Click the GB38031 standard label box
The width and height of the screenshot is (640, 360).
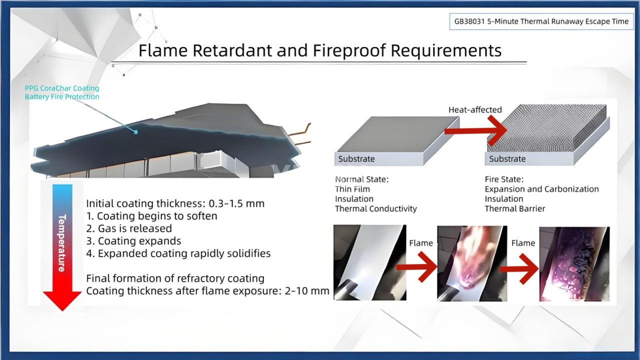pos(541,21)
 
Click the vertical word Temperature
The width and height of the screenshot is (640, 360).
pos(62,242)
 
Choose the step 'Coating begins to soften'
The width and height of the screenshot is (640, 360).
pos(152,216)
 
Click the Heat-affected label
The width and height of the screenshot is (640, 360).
pos(475,109)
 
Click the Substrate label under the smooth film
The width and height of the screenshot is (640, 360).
pos(356,159)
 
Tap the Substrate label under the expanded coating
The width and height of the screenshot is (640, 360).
pos(507,159)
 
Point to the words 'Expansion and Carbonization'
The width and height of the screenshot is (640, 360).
pos(541,189)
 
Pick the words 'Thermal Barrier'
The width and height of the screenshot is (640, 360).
pos(515,208)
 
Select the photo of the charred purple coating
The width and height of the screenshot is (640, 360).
pos(574,263)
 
